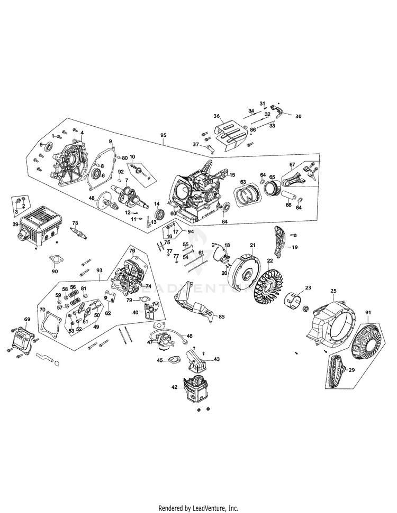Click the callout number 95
click(163, 135)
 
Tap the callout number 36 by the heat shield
click(216, 116)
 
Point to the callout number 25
click(333, 291)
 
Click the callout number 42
click(175, 387)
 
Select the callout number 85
click(221, 317)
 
